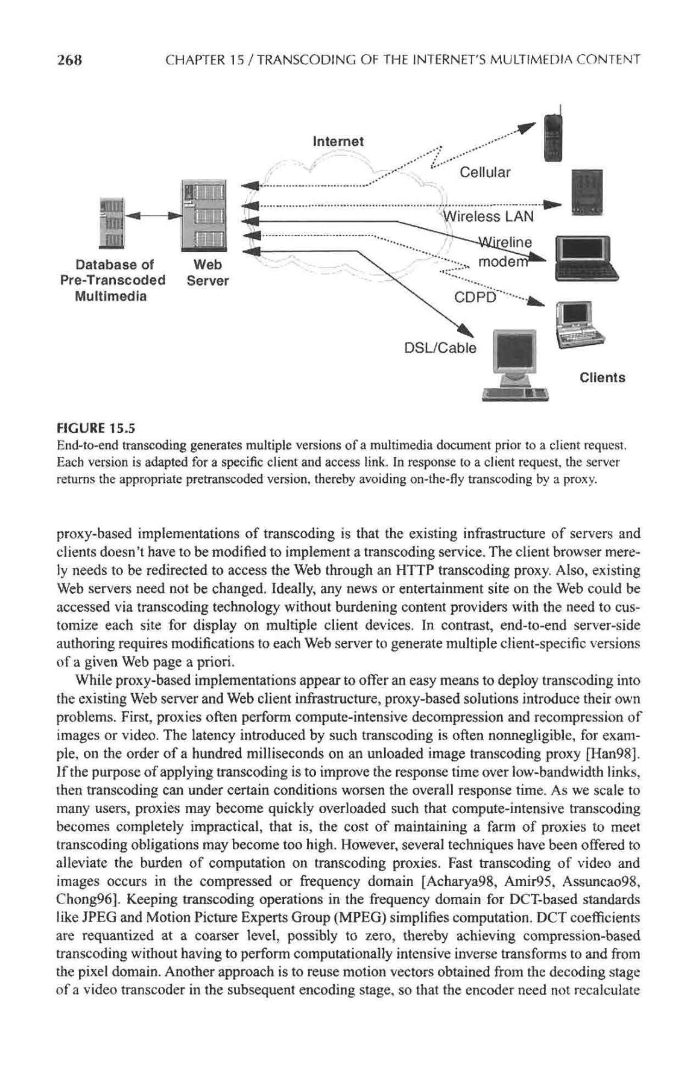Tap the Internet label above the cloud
pos(338,142)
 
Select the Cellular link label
pos(484,172)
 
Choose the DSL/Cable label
pos(440,348)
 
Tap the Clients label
pos(602,378)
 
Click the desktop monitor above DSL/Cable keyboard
pos(514,353)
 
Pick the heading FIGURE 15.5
pos(96,429)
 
